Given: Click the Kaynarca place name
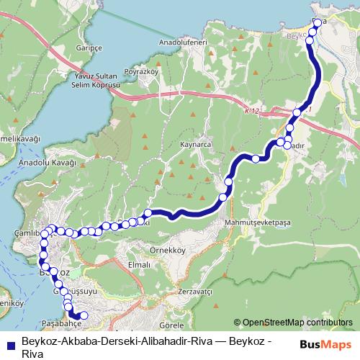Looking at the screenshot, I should pos(195,145).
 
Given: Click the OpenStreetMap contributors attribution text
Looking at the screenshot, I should pos(297,322).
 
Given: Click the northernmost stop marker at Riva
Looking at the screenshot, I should pos(318,23).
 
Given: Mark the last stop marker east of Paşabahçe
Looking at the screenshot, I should pos(84,315).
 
